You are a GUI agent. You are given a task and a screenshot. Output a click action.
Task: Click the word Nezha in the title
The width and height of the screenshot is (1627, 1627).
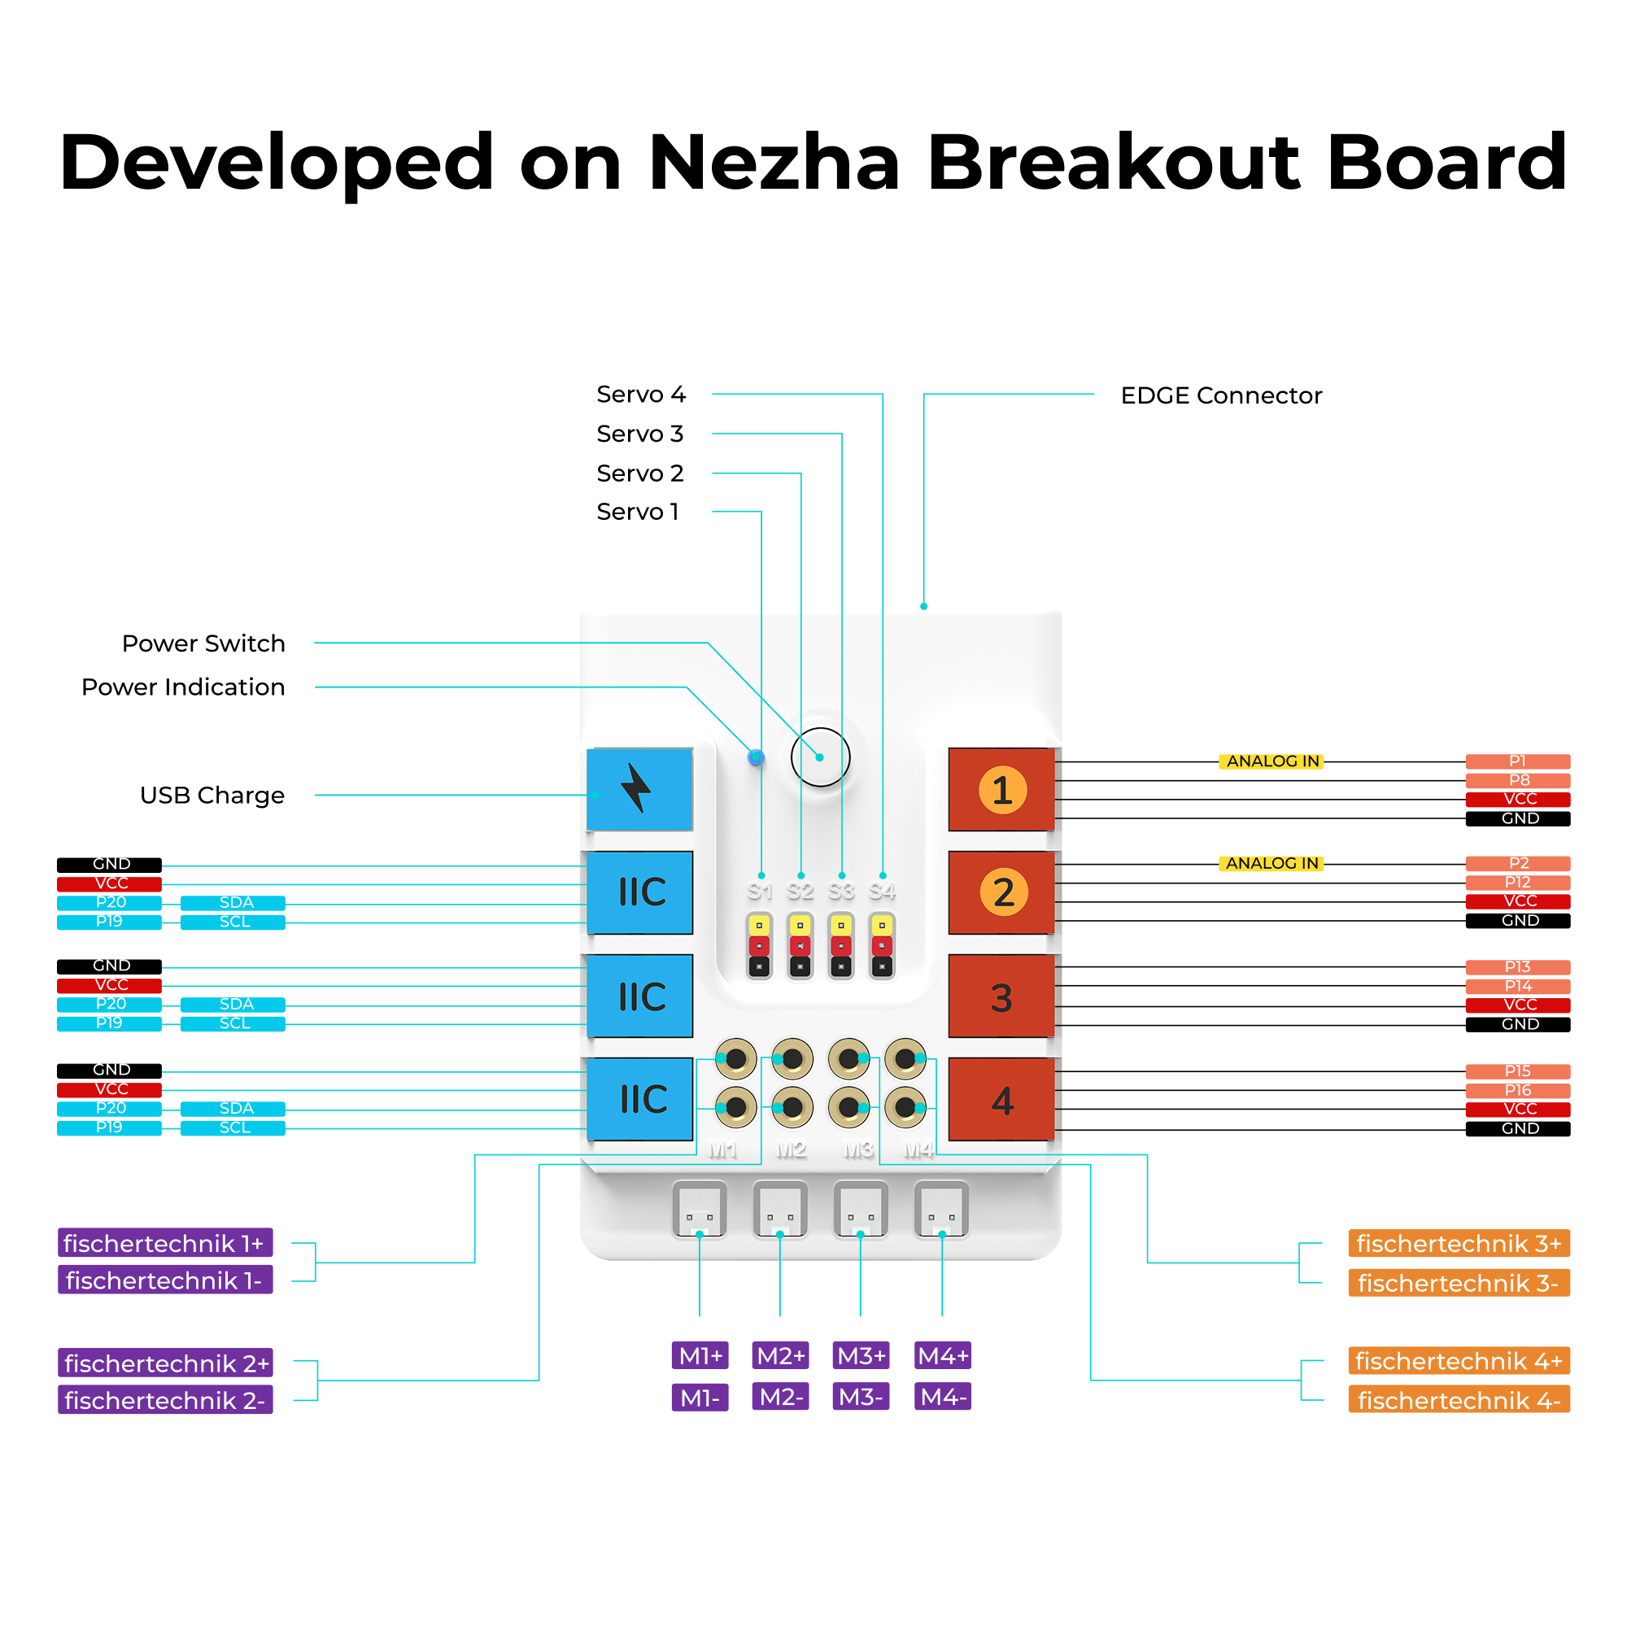point(774,162)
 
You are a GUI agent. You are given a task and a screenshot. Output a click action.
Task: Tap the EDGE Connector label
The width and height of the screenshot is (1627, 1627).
point(1220,395)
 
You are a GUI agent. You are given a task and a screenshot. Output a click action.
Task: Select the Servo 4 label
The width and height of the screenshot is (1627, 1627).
point(641,394)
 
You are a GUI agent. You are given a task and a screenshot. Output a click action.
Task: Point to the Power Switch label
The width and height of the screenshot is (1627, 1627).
point(203,643)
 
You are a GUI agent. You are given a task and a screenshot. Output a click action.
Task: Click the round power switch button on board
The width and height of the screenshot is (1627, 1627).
point(820,757)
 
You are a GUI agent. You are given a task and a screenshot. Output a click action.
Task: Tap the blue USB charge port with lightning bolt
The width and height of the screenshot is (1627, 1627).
point(639,789)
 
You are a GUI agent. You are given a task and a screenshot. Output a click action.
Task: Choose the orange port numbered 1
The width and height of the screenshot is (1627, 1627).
point(1001,790)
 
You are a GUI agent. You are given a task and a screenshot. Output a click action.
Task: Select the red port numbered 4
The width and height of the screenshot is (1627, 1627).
point(1001,1100)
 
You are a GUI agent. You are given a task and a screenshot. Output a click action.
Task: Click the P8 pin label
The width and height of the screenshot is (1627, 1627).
point(1517,781)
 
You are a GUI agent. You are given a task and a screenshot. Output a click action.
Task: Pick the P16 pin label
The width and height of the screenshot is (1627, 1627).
point(1517,1091)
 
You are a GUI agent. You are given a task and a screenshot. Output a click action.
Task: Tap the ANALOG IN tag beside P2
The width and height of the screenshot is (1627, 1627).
point(1272,863)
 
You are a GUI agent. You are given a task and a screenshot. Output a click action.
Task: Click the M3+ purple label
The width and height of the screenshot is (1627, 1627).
point(861,1356)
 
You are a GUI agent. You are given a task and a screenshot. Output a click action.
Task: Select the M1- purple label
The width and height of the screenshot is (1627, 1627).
point(700,1398)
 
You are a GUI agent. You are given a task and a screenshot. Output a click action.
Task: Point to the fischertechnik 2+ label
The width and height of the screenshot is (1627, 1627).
point(166,1363)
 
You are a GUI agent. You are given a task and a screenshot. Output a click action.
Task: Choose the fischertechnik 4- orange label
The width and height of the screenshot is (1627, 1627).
point(1459,1401)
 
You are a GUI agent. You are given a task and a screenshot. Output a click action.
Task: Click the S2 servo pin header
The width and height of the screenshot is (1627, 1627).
point(800,944)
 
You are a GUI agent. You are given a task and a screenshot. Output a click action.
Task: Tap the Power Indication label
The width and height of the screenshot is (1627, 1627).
point(183,687)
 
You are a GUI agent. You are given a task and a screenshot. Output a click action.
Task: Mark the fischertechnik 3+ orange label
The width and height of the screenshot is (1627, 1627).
point(1459,1244)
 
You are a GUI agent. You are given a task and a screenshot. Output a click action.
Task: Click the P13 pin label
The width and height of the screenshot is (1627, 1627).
point(1517,966)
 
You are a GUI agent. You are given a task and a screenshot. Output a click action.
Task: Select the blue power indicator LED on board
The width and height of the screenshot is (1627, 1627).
point(757,758)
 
